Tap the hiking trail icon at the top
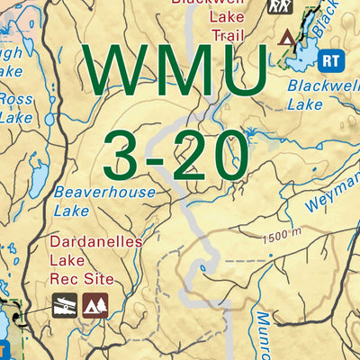click(278, 6)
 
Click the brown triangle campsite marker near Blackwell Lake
click(287, 37)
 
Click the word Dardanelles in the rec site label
click(90, 242)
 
